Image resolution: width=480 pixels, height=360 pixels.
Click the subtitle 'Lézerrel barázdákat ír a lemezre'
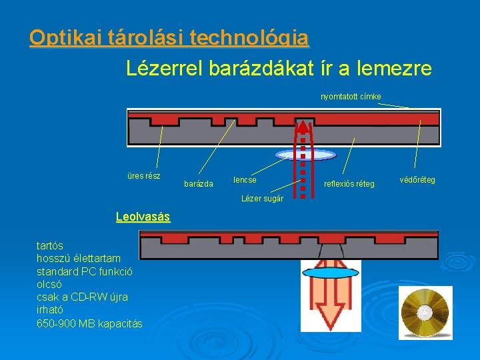click(x=279, y=68)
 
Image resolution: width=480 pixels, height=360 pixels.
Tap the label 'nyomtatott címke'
click(x=351, y=97)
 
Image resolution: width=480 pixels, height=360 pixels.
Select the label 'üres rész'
click(x=143, y=176)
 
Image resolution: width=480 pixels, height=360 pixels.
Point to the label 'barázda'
click(x=198, y=183)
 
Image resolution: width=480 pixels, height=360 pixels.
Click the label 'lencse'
click(x=245, y=180)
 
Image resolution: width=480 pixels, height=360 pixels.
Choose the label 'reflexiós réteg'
click(x=349, y=183)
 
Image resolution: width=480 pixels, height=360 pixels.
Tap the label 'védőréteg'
click(x=417, y=180)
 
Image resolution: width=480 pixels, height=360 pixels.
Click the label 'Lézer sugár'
click(x=262, y=199)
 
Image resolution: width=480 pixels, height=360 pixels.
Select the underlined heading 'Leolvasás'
click(x=143, y=217)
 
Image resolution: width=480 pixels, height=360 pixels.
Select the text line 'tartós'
click(x=50, y=245)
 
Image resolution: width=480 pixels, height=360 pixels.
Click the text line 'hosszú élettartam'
click(x=79, y=258)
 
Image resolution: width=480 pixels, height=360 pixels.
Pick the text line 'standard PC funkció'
click(x=85, y=271)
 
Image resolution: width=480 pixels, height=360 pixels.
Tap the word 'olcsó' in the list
click(x=49, y=284)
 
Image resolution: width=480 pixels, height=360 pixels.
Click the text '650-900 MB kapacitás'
click(x=89, y=323)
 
